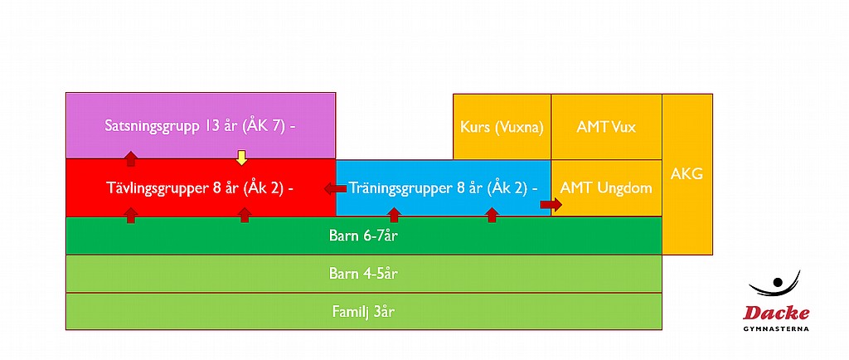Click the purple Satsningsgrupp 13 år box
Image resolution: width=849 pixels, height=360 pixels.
click(201, 125)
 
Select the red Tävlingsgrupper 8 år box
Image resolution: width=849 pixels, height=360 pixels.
click(201, 187)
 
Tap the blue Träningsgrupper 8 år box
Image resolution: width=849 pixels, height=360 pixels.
click(444, 187)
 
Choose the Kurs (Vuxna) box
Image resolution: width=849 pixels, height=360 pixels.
click(502, 127)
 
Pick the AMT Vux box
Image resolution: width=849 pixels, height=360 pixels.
click(606, 127)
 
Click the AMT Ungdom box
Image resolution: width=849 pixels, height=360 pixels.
click(606, 187)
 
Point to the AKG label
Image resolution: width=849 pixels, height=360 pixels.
click(686, 174)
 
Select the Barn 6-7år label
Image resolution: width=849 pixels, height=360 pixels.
click(364, 236)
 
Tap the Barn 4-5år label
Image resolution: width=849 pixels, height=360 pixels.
click(364, 274)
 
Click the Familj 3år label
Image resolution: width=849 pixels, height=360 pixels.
click(364, 312)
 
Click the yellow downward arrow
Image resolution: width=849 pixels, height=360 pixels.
click(241, 158)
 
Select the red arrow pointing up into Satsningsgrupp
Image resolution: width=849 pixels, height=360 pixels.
click(130, 158)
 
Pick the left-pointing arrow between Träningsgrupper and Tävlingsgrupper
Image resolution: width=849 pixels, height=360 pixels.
click(335, 188)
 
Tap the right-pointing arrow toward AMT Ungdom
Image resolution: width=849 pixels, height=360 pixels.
click(551, 204)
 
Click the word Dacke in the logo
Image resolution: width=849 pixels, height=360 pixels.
click(776, 313)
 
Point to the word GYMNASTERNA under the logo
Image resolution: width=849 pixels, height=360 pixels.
click(776, 328)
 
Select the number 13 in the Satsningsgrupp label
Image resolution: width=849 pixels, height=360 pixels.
click(211, 126)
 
